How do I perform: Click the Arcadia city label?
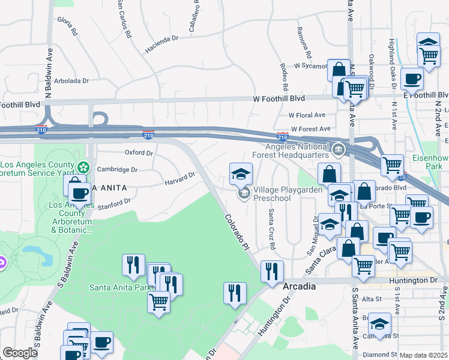pos(299,287)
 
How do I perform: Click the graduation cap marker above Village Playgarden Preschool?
pos(241,174)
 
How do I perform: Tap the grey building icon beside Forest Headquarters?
pos(338,149)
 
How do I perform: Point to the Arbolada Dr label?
pos(71,80)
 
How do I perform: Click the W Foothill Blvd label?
pos(279,98)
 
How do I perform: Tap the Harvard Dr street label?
pos(180,177)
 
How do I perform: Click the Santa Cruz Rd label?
pos(271,229)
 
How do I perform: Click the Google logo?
pos(20,353)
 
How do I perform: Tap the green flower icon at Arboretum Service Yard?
pos(84,166)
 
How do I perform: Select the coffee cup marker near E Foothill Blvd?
pos(412,79)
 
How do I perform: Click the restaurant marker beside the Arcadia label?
pos(272,271)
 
